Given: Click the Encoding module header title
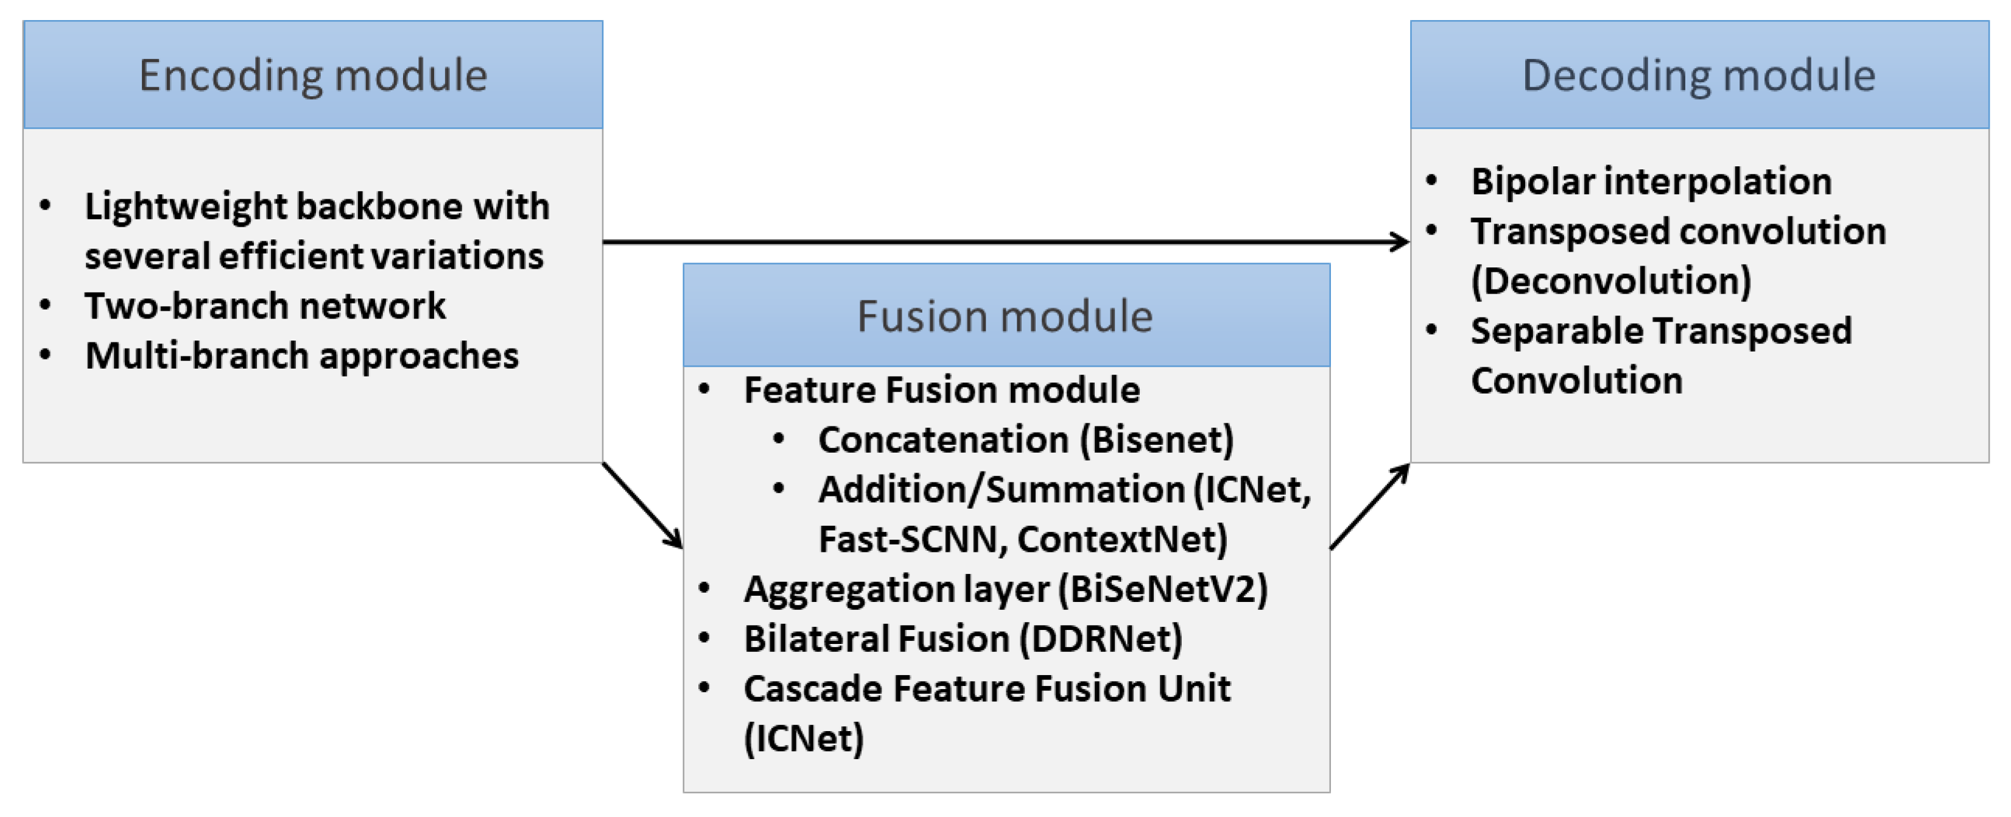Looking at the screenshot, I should pos(313,76).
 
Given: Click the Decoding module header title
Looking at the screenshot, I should pos(1699,76).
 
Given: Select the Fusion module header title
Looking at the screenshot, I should pos(1005,316).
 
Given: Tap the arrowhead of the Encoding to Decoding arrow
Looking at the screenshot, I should pos(1402,242).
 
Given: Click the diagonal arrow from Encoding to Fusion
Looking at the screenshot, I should pos(642,505).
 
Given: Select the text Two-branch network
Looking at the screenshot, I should pos(265,305).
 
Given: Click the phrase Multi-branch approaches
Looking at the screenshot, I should pos(301,356).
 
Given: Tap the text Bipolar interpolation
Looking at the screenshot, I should pos(1651,181).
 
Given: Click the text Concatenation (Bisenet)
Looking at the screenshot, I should pos(1025,440).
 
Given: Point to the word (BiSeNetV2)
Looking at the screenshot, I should pos(1163,589).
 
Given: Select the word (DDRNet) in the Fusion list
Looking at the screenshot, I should pos(1101,639).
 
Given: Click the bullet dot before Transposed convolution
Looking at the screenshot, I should pos(1431,230).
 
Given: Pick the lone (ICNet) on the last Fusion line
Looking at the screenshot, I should pos(803,739).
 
